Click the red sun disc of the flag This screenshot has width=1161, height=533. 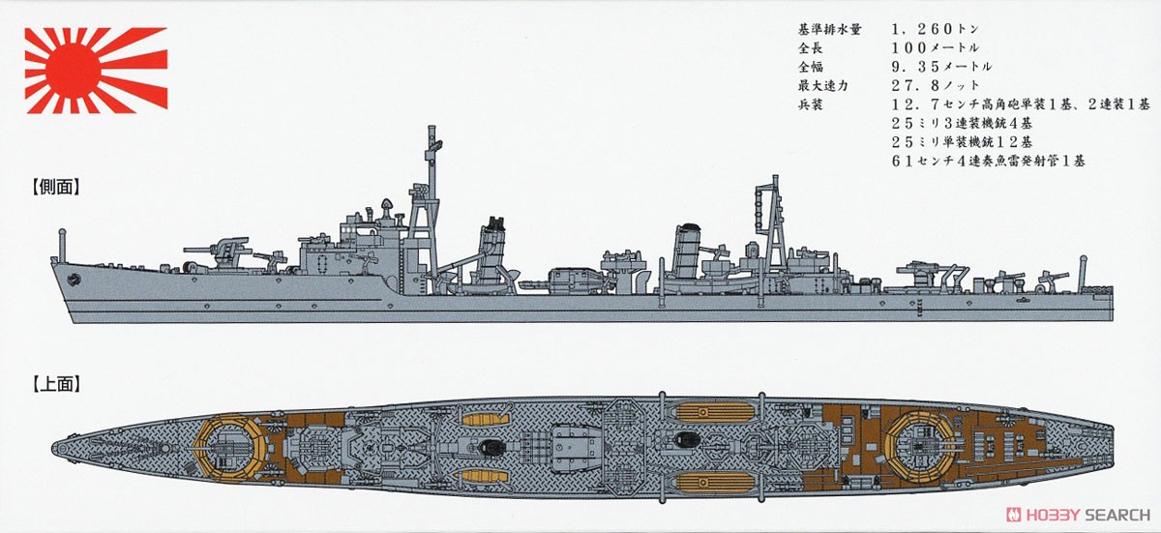(x=72, y=70)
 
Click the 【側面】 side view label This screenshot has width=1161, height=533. (x=56, y=188)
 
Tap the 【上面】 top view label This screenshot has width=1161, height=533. (x=56, y=384)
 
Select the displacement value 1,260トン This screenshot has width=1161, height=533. (x=935, y=29)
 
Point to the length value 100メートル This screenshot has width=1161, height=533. (x=935, y=47)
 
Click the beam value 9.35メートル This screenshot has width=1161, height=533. (x=941, y=67)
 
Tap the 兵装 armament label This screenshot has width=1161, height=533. (x=811, y=104)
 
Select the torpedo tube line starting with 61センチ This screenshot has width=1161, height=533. (x=988, y=161)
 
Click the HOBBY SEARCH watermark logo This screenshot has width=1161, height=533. (x=1078, y=515)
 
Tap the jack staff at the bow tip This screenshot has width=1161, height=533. (x=62, y=245)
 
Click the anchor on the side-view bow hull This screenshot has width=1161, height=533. (x=74, y=280)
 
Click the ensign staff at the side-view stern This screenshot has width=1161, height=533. (x=1083, y=273)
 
